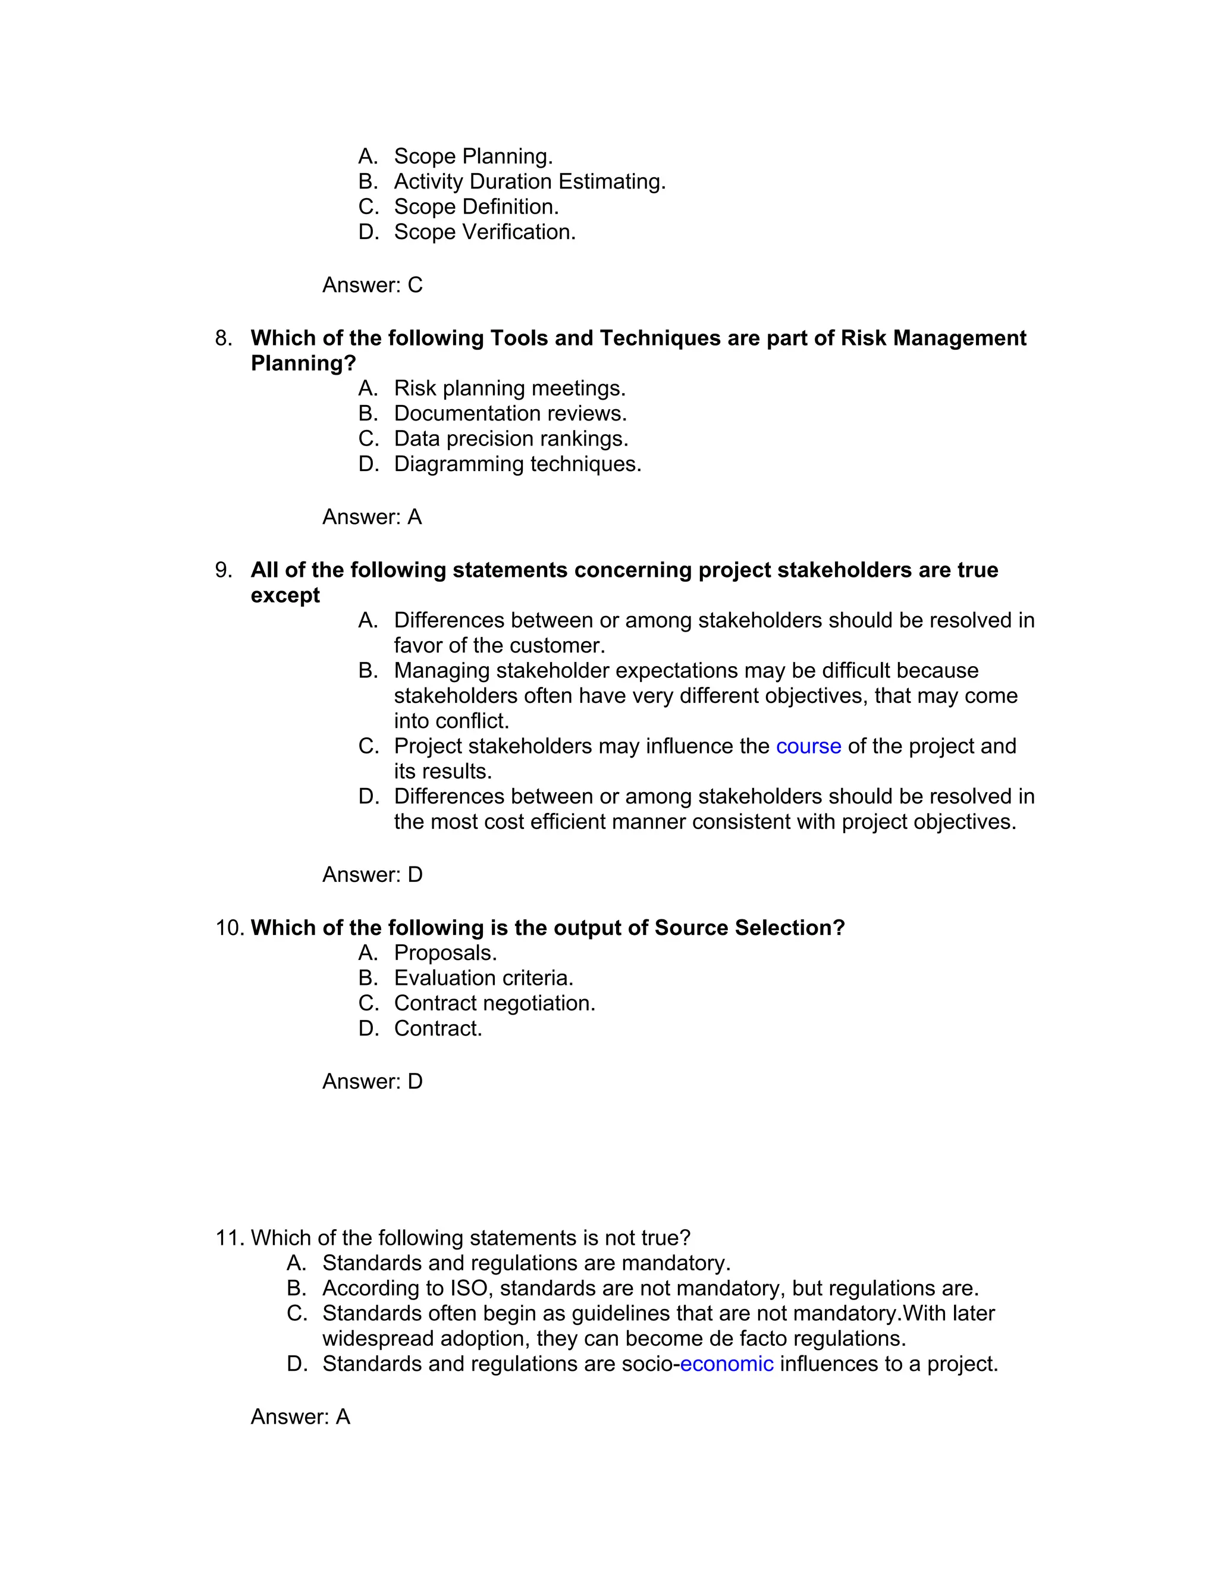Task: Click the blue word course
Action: tap(808, 746)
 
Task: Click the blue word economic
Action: tap(726, 1364)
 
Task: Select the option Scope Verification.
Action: tap(484, 231)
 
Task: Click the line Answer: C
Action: tap(372, 285)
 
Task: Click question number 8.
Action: tap(224, 338)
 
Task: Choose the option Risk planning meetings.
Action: tap(510, 388)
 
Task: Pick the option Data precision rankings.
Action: tap(511, 439)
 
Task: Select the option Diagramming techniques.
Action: tap(517, 464)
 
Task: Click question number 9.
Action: tap(224, 570)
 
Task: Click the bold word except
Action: tap(285, 595)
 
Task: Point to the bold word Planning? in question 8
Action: tap(303, 363)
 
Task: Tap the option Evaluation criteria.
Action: tap(484, 978)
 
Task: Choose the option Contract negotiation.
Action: tap(494, 1003)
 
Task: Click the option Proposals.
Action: tap(445, 953)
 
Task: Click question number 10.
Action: tap(230, 927)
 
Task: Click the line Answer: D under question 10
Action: tap(372, 1081)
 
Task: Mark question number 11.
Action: tap(230, 1238)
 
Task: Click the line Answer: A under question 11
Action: tap(300, 1417)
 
